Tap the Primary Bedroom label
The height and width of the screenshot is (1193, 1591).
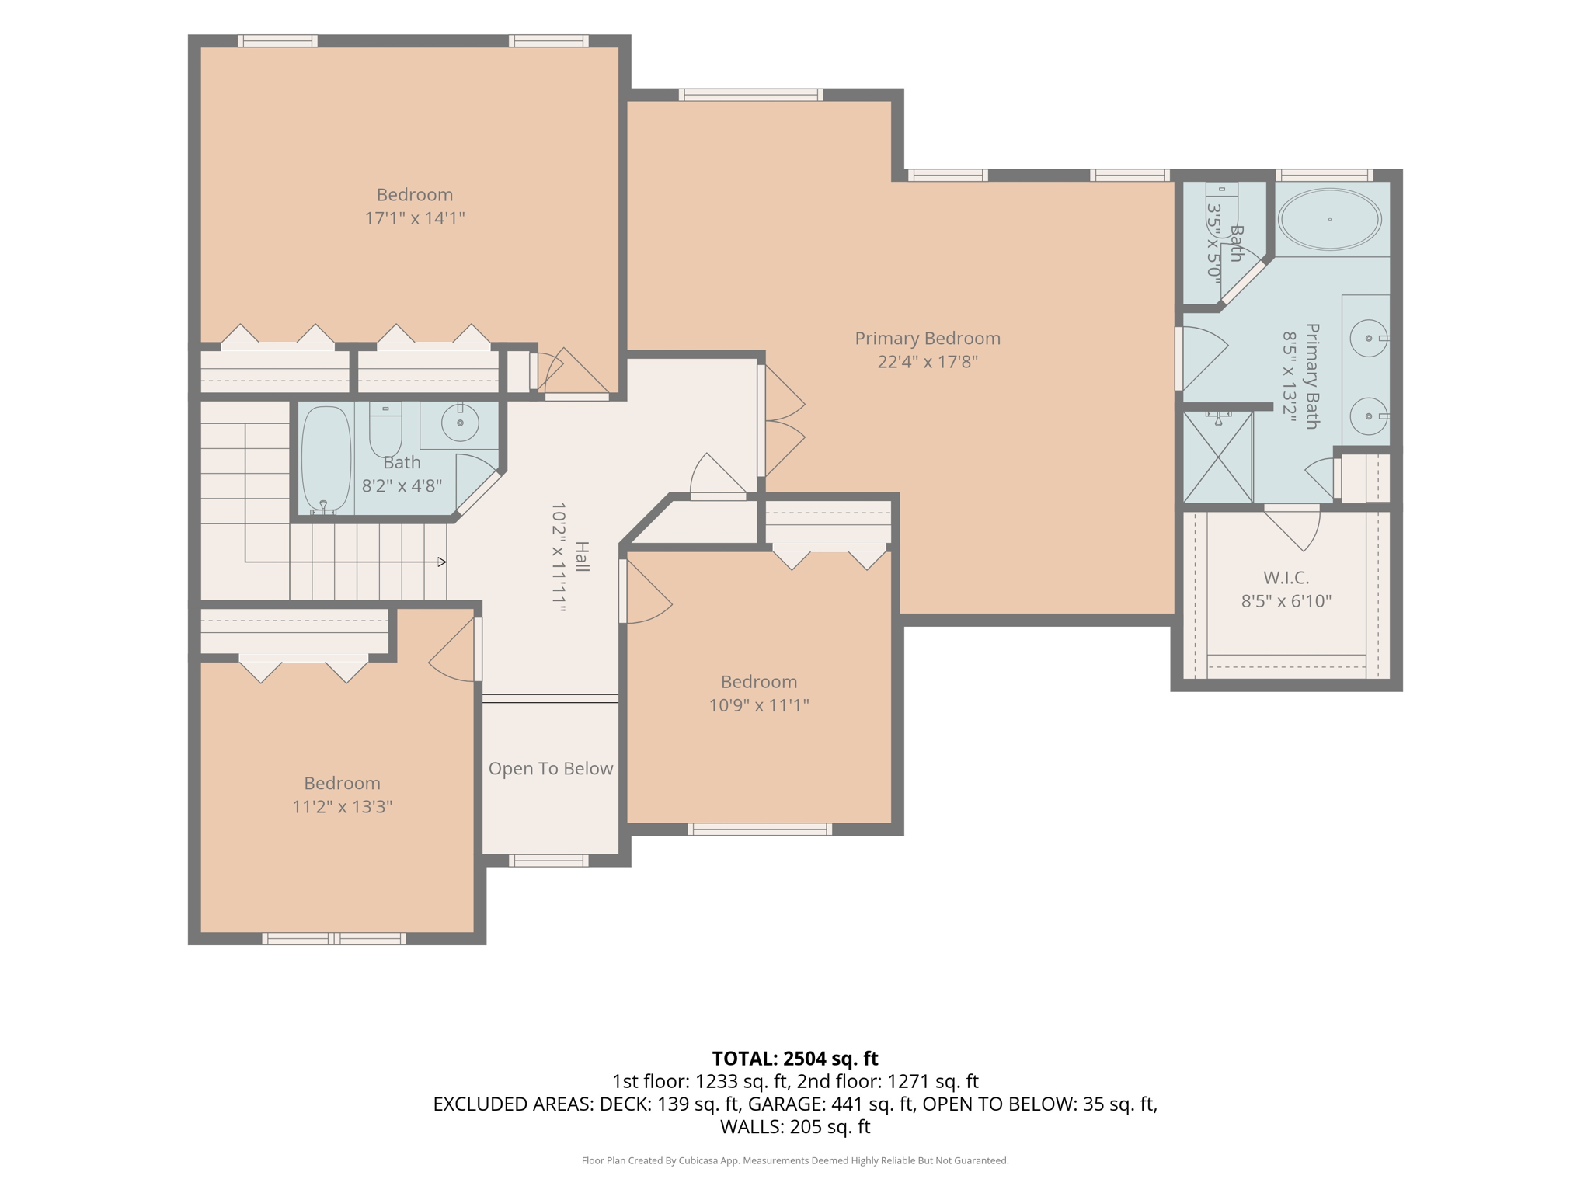point(928,339)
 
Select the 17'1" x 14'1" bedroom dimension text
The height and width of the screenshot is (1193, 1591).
point(415,218)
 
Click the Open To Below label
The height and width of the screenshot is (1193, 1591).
point(551,768)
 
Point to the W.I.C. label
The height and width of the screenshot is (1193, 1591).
point(1286,578)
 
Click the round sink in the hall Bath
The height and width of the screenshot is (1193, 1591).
point(460,423)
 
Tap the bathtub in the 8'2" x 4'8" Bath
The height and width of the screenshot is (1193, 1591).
point(326,458)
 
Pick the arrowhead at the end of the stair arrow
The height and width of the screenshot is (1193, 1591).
point(442,562)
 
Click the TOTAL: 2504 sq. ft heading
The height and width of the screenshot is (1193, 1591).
point(795,1059)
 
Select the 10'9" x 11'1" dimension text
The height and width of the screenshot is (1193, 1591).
point(759,705)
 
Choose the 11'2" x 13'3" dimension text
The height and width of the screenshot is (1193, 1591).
point(342,807)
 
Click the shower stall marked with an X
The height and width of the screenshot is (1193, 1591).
point(1217,457)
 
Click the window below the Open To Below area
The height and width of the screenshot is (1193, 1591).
point(548,861)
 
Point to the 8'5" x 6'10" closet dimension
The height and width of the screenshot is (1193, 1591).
point(1286,601)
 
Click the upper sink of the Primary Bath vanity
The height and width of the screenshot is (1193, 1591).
point(1369,339)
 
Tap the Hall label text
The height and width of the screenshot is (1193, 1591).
point(582,557)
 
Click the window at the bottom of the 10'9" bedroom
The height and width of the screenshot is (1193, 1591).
point(760,830)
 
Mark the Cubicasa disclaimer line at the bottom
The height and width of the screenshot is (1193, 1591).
point(795,1160)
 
